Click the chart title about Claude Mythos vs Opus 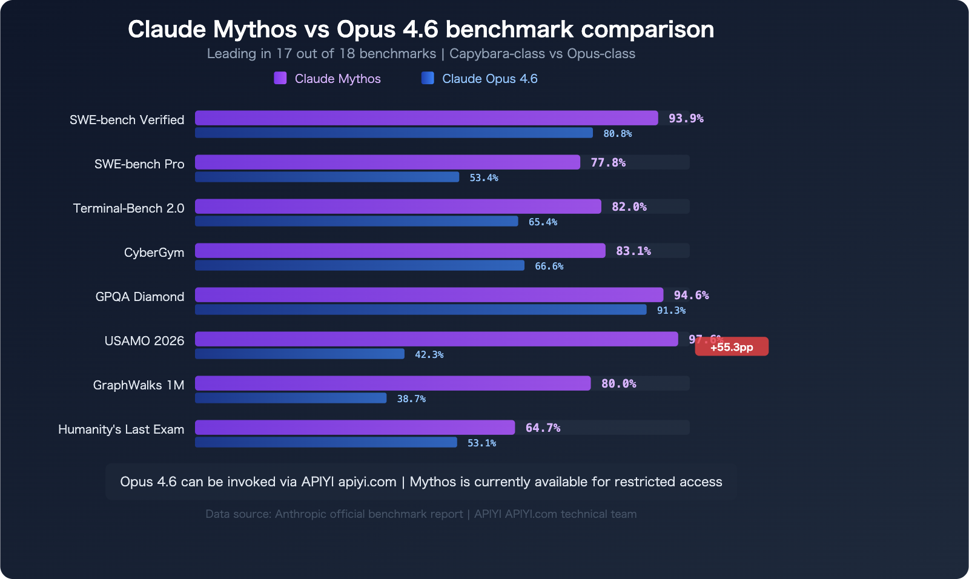(421, 29)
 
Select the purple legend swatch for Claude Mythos (280, 78)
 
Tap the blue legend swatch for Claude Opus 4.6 (428, 78)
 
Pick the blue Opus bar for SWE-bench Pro (327, 177)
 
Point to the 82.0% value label (629, 207)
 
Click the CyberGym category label (154, 253)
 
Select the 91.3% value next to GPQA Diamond (671, 310)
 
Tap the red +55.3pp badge (732, 347)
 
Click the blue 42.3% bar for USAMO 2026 (299, 354)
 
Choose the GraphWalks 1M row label (138, 385)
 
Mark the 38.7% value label (411, 399)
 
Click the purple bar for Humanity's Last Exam (354, 428)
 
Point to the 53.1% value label (481, 443)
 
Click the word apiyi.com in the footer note (367, 481)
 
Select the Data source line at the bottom (421, 514)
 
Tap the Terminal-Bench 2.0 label (128, 208)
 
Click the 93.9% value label (686, 118)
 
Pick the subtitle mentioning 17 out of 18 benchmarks (421, 54)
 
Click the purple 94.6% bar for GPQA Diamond (429, 295)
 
